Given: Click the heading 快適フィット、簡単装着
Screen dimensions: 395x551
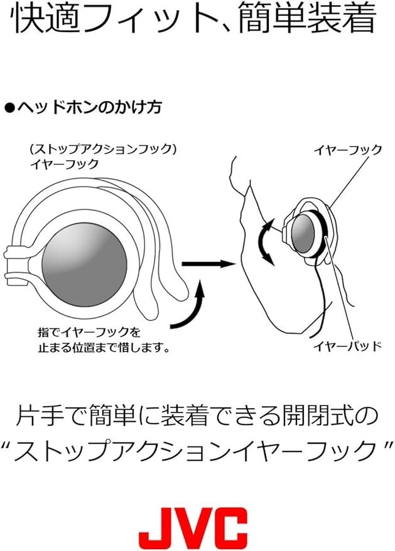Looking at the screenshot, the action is [194, 19].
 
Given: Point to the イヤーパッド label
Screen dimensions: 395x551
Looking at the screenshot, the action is [348, 346].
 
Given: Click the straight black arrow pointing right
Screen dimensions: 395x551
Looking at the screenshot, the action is [208, 263].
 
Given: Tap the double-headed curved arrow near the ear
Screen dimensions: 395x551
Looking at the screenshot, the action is [267, 241].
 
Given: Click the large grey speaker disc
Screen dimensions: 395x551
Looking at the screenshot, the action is [85, 264].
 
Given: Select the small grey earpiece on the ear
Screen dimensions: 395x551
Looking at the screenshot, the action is [303, 233].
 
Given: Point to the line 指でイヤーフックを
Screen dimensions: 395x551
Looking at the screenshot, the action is [89, 332].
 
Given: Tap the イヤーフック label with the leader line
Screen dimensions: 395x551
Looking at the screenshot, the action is [348, 150].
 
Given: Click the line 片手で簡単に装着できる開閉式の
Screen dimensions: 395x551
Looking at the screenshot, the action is [197, 416].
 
